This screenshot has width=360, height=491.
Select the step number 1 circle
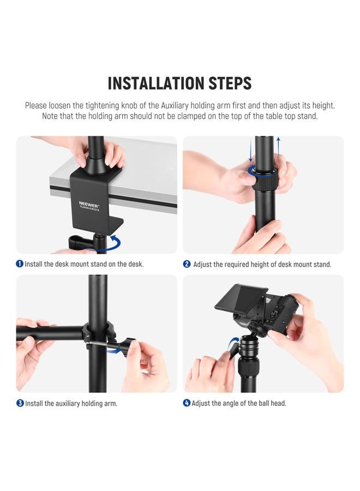tap(20, 264)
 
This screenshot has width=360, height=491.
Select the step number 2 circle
tap(187, 264)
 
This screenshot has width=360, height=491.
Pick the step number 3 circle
tap(20, 404)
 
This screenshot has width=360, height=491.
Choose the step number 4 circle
tap(187, 404)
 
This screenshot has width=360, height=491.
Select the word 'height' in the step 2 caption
tap(254, 264)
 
